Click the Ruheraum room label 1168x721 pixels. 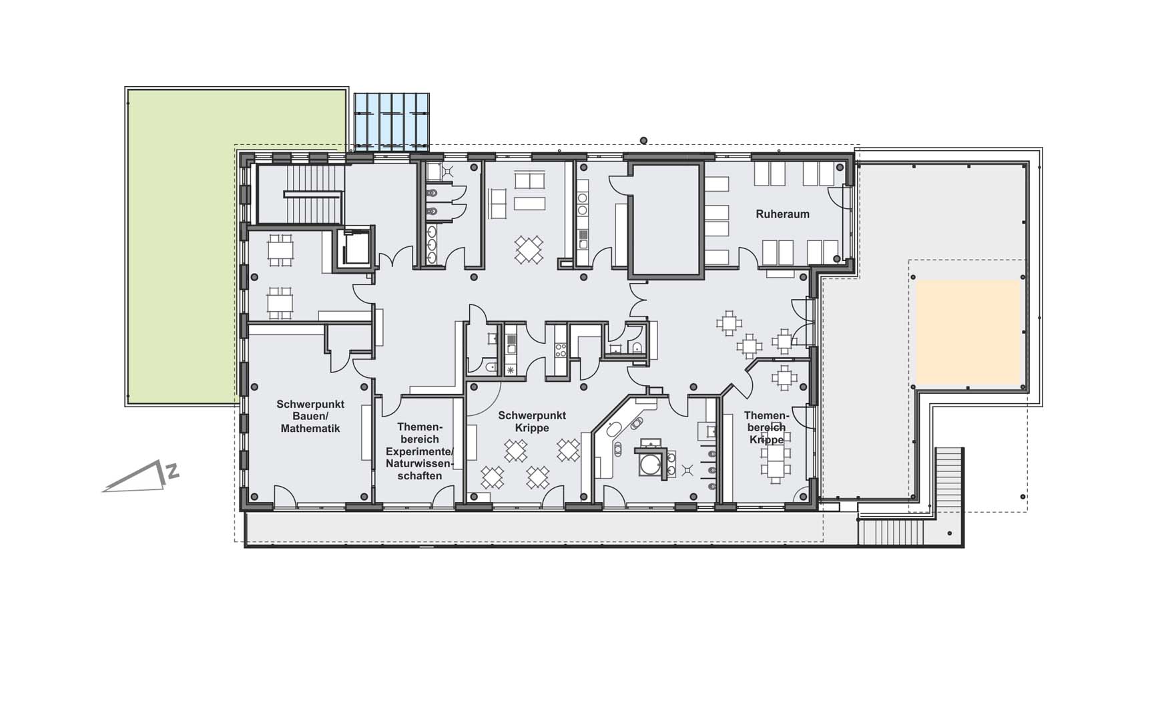click(x=782, y=214)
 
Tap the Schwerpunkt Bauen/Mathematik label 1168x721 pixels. click(x=310, y=416)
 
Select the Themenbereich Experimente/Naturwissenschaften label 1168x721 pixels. click(x=419, y=451)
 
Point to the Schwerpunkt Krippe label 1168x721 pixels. click(x=532, y=421)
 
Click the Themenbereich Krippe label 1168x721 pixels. click(x=766, y=428)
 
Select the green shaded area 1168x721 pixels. click(x=237, y=246)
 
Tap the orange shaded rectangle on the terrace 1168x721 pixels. click(x=968, y=332)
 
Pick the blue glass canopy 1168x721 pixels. click(x=391, y=122)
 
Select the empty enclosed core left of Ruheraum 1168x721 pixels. click(x=665, y=220)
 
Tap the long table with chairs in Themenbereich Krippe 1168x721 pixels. click(x=775, y=457)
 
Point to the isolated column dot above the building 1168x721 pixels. click(x=643, y=140)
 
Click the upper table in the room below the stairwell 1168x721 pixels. click(x=280, y=250)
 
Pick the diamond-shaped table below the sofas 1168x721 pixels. click(x=529, y=250)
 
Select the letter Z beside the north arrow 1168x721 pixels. click(x=173, y=471)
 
